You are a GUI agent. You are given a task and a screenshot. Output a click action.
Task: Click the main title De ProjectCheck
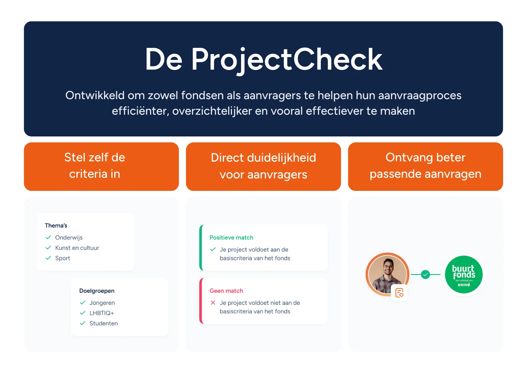click(263, 59)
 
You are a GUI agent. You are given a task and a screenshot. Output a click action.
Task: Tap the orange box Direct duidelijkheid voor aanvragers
click(263, 166)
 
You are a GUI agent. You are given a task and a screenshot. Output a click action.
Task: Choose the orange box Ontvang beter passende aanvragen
click(425, 166)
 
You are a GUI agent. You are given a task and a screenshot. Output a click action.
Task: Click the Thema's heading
click(56, 226)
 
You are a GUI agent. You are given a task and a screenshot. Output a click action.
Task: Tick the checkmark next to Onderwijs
click(48, 237)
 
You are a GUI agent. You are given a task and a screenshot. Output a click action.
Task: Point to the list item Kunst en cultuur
click(77, 248)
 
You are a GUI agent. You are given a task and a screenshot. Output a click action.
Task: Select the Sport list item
click(62, 258)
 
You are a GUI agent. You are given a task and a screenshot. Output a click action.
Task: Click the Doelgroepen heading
click(97, 291)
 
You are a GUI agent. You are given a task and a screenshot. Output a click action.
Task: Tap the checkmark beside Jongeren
click(83, 303)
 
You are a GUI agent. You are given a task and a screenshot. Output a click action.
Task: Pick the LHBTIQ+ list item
click(102, 313)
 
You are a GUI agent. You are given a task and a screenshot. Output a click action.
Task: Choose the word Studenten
click(103, 324)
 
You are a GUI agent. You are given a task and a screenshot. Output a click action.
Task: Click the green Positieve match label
click(231, 237)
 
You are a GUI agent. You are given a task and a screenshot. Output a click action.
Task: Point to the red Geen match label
click(226, 291)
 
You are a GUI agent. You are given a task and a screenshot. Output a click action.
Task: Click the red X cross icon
click(213, 303)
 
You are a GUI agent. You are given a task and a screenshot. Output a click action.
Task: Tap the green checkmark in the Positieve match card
click(213, 250)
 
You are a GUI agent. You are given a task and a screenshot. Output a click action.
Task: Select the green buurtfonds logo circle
click(464, 275)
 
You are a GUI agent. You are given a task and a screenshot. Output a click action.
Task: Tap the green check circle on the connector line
click(425, 275)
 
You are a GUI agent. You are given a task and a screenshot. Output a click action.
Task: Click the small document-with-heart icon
click(399, 293)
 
